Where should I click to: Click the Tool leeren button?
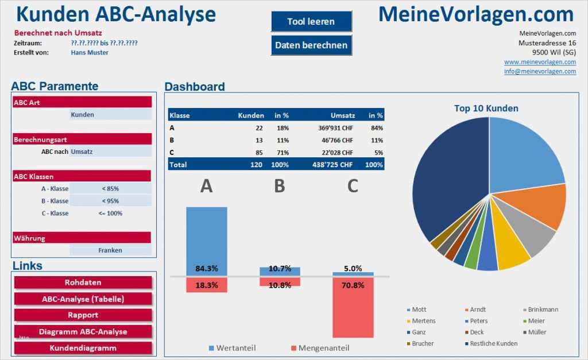tap(311, 22)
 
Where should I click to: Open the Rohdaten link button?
tap(83, 282)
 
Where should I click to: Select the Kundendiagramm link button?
tap(83, 348)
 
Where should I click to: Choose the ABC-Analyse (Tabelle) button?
tap(83, 299)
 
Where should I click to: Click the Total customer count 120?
tap(256, 165)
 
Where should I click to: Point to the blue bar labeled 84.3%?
tap(206, 235)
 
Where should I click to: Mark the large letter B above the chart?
tap(279, 185)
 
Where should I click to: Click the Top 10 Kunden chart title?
tap(486, 109)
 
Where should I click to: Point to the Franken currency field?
tap(110, 250)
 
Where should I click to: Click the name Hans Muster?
tap(90, 52)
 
